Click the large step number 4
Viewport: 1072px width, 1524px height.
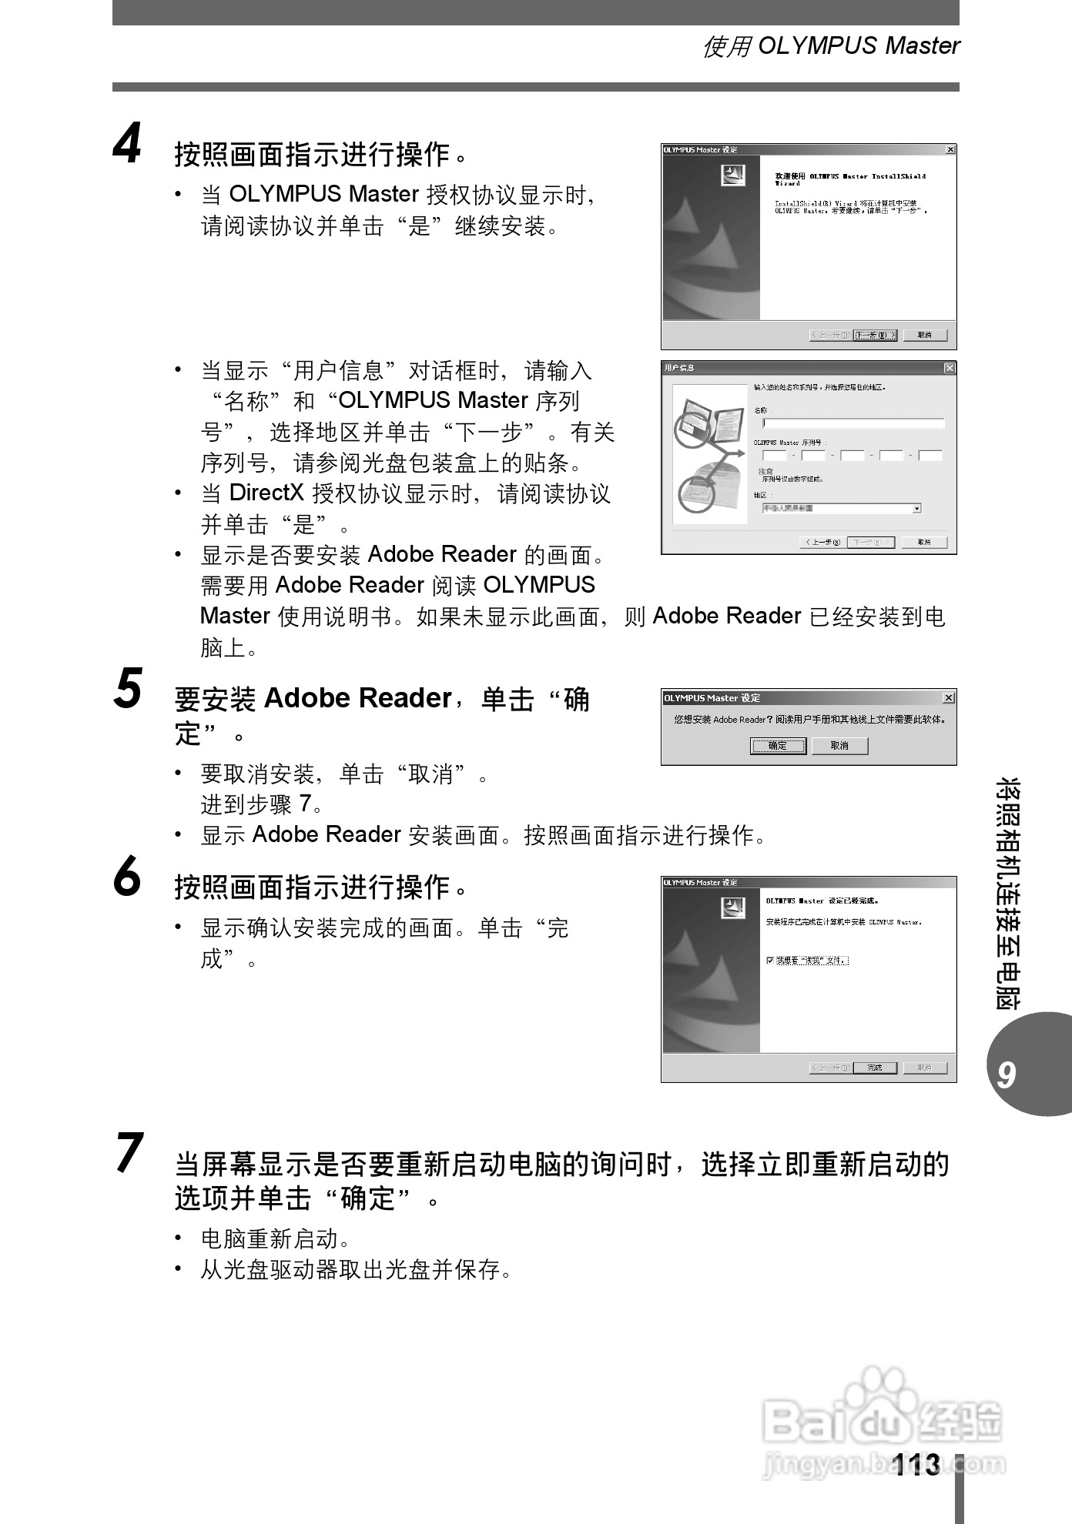128,144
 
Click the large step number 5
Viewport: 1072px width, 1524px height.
128,688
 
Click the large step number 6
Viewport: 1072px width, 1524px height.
128,877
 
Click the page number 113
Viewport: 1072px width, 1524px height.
916,1465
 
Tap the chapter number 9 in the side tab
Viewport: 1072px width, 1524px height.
1006,1074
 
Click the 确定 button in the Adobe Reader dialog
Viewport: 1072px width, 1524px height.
778,745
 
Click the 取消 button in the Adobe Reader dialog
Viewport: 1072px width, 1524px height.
839,745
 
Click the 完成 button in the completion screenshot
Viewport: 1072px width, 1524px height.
876,1068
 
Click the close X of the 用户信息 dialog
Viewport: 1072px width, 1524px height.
950,368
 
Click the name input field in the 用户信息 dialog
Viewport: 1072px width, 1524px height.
853,423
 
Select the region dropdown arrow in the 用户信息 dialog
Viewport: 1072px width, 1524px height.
916,508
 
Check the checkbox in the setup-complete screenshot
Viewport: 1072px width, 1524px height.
770,960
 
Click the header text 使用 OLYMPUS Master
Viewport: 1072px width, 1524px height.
831,46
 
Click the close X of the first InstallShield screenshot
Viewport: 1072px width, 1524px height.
950,149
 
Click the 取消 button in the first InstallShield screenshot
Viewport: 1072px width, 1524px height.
924,335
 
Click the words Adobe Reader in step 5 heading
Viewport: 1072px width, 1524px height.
357,698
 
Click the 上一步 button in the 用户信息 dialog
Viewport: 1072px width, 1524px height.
822,542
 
